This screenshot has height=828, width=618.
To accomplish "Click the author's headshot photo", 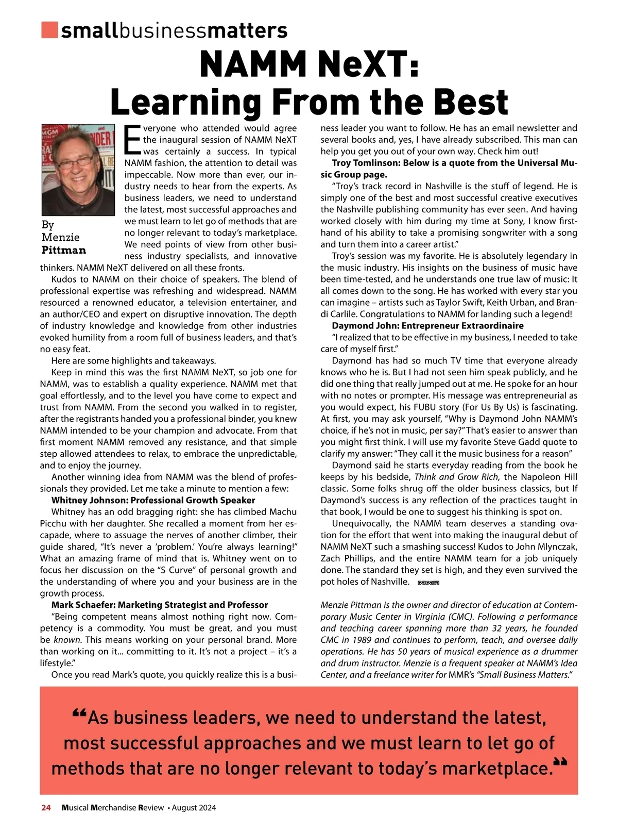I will point(78,170).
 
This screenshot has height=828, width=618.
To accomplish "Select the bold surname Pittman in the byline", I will point(64,250).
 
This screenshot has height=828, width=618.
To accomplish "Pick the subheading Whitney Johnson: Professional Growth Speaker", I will point(153,500).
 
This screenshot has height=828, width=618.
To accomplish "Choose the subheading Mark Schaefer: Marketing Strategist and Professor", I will point(160,605).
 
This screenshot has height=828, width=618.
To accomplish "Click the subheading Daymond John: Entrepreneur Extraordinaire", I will point(427,326).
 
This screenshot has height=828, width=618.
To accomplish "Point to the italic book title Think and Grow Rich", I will point(457,477).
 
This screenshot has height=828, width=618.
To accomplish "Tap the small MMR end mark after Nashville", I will point(428,583).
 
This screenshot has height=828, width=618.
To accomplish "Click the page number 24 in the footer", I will point(46,807).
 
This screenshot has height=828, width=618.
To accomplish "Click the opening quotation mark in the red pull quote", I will point(79,715).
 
